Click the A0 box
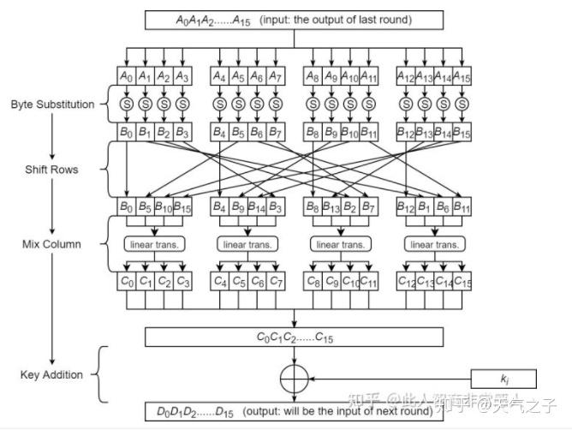point(126,77)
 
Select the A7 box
point(276,77)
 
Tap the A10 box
point(350,77)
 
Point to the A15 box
point(462,77)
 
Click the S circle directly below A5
point(239,105)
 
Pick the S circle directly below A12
point(405,105)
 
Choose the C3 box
point(182,280)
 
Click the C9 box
point(331,280)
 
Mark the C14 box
point(443,280)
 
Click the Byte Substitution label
point(53,105)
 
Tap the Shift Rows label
point(51,170)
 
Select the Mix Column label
point(51,244)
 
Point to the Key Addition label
point(51,374)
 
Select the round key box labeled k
point(503,378)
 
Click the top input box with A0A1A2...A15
point(294,19)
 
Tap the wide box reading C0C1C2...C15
point(294,337)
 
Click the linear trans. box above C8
point(341,244)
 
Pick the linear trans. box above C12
point(433,244)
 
